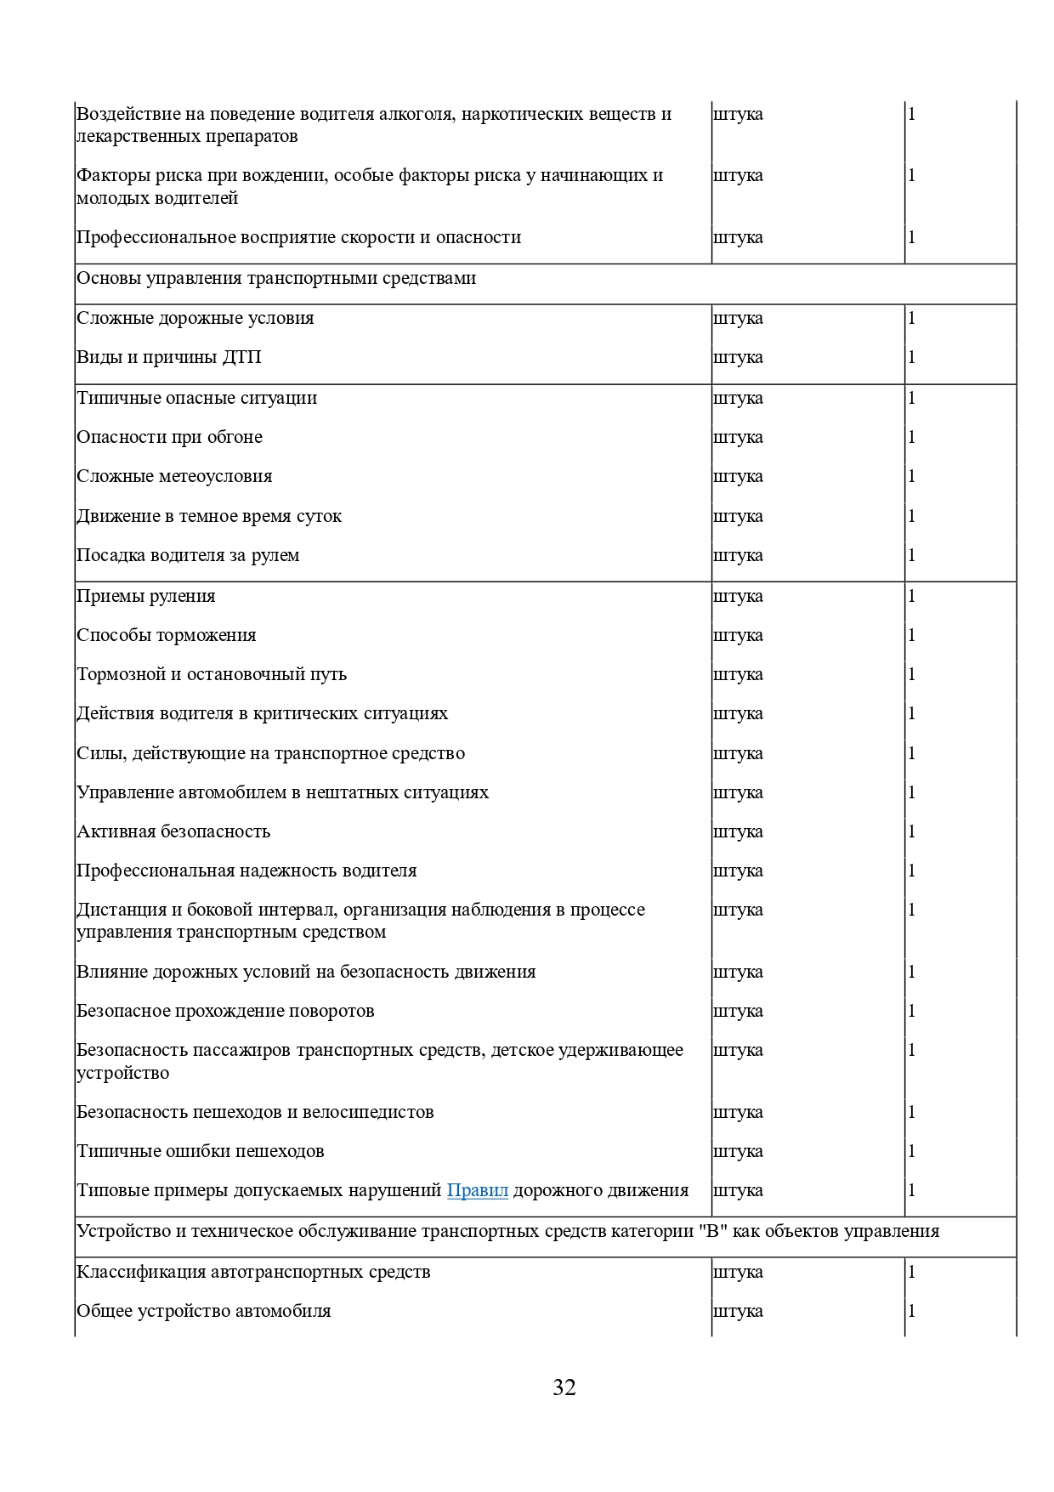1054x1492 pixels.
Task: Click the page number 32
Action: pos(564,1387)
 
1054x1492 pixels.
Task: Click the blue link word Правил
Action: pos(477,1190)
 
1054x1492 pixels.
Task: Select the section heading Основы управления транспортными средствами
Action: pos(276,279)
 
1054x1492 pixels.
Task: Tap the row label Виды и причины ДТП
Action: pos(169,357)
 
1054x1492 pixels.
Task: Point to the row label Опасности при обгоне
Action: pos(170,437)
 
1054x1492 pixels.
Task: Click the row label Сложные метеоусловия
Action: pos(174,476)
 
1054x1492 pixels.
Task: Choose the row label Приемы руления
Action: pos(146,596)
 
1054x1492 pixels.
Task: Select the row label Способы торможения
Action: pos(167,635)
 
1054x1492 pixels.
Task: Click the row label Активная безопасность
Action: pos(173,831)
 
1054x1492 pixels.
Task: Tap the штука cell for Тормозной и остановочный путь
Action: pos(738,674)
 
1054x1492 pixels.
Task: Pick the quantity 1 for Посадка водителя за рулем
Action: pos(912,555)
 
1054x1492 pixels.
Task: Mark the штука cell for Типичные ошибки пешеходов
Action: pos(738,1151)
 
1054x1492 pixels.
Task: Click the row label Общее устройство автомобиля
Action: pos(204,1311)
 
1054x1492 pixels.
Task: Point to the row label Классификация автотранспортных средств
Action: pos(253,1272)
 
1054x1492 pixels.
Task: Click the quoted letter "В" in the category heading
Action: pos(715,1231)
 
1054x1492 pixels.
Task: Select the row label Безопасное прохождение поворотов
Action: pos(225,1011)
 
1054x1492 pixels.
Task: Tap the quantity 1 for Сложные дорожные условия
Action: pos(912,318)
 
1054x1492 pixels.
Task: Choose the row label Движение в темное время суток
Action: pos(209,516)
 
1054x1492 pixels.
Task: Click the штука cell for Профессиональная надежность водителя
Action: pos(738,871)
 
